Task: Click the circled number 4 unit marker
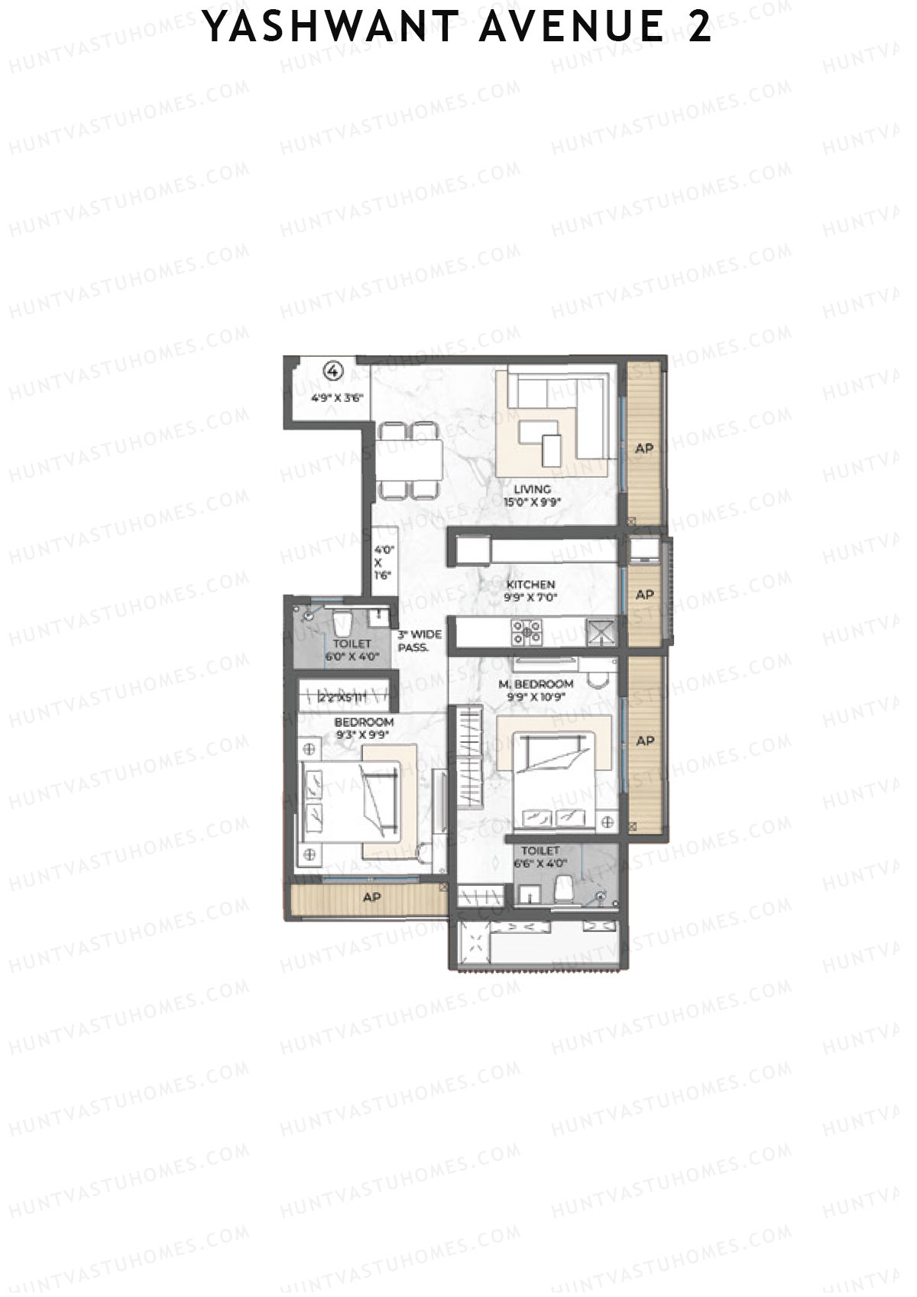tap(333, 371)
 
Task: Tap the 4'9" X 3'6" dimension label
tap(337, 397)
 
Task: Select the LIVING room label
tap(532, 489)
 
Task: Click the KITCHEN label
tap(530, 585)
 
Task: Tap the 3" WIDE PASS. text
tap(417, 640)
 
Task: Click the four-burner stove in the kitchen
tap(527, 633)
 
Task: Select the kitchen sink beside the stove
tap(601, 633)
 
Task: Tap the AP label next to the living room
tap(644, 448)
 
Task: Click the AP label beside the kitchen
tap(644, 595)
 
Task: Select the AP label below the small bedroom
tap(371, 897)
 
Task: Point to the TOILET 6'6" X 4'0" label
tap(540, 857)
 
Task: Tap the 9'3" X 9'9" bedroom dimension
tap(363, 734)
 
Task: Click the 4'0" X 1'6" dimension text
tap(383, 563)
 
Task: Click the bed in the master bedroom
tap(554, 780)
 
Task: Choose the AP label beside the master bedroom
tap(645, 741)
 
